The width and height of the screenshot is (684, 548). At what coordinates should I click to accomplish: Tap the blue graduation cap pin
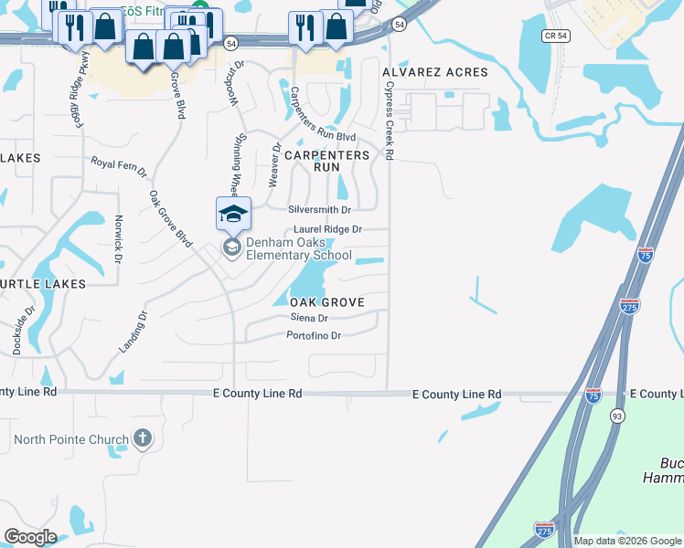coord(233,215)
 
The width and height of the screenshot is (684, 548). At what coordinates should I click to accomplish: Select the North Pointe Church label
coord(70,439)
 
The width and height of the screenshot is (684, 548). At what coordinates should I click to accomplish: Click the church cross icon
coord(142,439)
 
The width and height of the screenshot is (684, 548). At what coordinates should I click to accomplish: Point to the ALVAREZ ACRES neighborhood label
coord(435,72)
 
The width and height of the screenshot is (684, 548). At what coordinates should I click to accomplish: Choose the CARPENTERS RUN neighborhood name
coord(326,162)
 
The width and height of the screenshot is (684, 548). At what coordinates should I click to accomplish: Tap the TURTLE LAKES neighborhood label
coord(42,284)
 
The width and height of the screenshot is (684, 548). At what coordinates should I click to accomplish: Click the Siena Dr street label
coord(309,318)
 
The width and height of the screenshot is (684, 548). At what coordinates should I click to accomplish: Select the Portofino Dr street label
coord(314,336)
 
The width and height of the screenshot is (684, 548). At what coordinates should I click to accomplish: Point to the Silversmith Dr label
coord(319,209)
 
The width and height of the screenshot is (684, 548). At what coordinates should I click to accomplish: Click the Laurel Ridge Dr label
coord(328,229)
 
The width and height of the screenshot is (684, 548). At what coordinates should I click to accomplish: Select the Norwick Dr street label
coord(118,238)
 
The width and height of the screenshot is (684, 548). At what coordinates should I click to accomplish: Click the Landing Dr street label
coord(134,333)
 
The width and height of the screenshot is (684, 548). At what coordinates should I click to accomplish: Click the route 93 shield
coord(617,416)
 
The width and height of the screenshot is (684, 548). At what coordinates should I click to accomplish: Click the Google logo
coord(30,537)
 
